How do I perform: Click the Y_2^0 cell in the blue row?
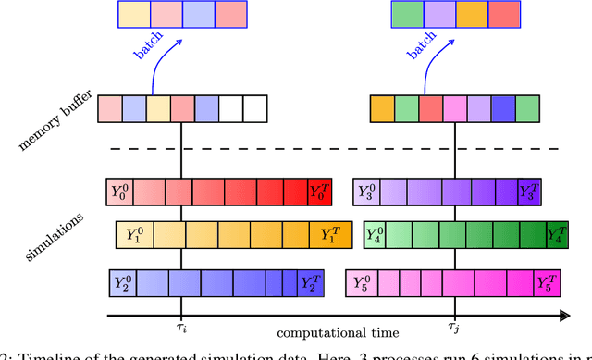tap(124, 279)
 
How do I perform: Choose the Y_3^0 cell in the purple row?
tap(367, 192)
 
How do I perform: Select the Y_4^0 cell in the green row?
tap(376, 234)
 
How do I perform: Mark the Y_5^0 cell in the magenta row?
tap(359, 279)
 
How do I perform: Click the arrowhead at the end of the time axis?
tap(563, 317)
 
